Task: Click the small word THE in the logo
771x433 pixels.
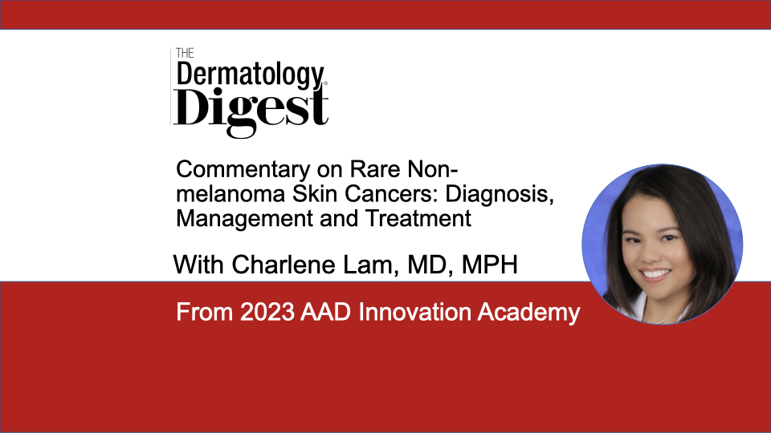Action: point(185,53)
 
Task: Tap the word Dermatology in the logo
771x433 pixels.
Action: point(250,75)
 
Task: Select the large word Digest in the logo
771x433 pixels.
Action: point(251,109)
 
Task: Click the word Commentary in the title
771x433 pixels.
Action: point(243,170)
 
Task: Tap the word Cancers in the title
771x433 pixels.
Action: point(391,194)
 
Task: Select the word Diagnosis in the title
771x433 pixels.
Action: point(500,195)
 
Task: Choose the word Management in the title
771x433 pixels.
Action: point(244,220)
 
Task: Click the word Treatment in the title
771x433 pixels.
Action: point(418,218)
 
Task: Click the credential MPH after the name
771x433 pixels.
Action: point(490,265)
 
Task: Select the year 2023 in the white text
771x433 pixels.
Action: point(267,312)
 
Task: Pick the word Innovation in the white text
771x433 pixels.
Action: point(414,312)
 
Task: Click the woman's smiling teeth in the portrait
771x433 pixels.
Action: point(656,274)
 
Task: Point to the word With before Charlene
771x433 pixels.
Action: point(199,265)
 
